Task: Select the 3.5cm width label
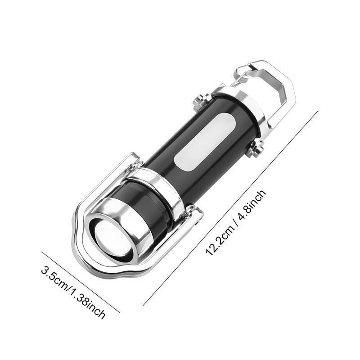(x=55, y=279)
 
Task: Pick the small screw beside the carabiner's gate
(x=201, y=103)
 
